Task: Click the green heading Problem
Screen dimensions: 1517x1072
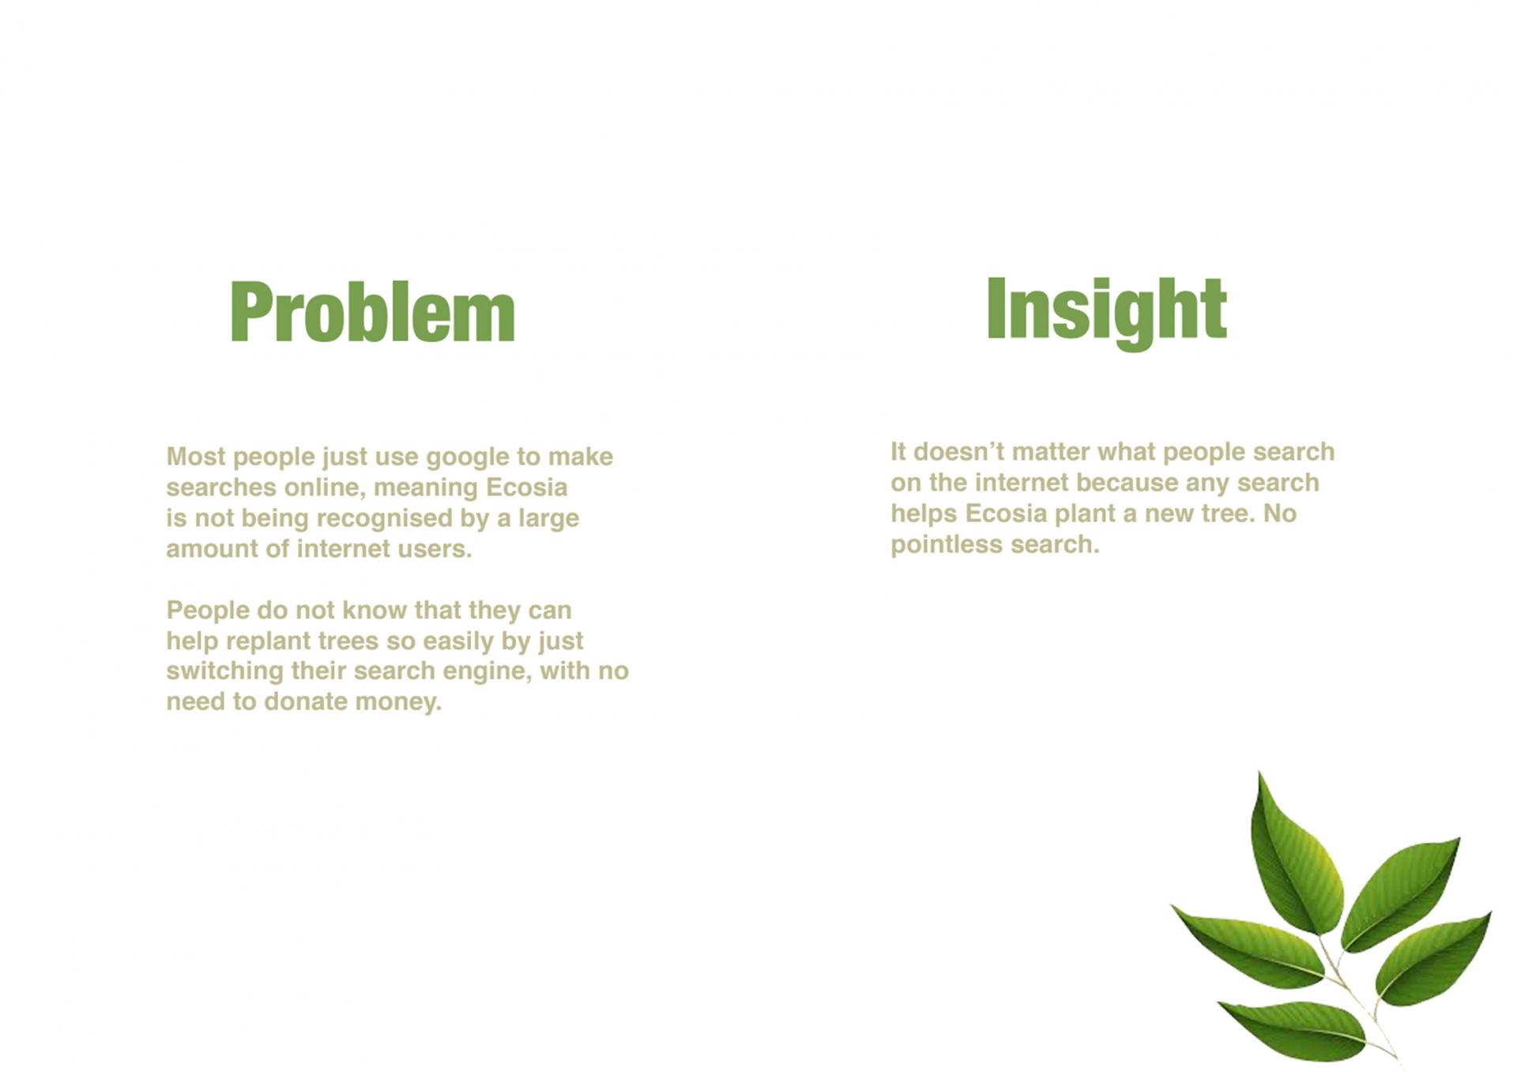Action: (372, 313)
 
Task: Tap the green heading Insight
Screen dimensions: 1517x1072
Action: (1106, 311)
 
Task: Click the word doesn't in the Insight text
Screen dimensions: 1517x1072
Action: (958, 452)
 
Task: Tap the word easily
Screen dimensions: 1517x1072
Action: (458, 641)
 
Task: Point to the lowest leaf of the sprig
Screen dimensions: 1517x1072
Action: (1296, 1029)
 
